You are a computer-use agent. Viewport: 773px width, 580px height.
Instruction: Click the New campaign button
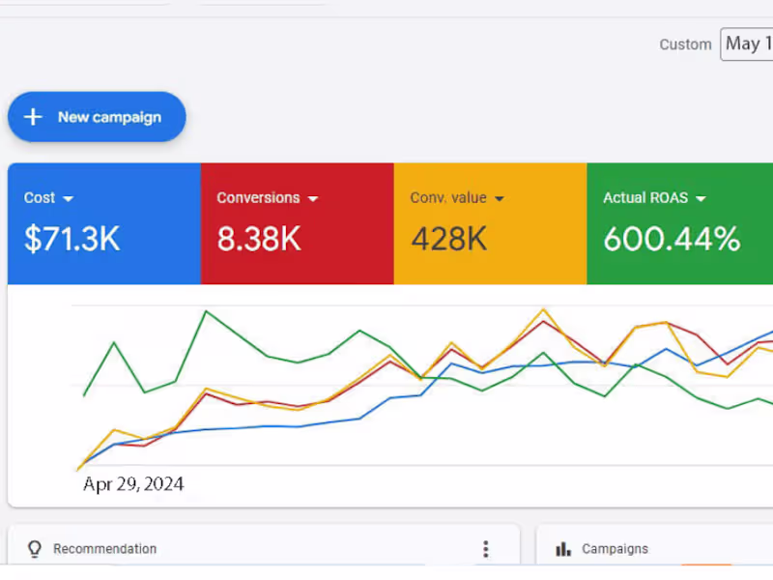click(x=97, y=117)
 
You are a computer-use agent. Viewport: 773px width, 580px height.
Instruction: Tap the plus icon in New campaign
click(x=34, y=117)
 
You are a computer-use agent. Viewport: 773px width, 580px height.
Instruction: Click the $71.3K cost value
click(x=72, y=239)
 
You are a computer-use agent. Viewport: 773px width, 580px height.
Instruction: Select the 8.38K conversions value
click(x=258, y=239)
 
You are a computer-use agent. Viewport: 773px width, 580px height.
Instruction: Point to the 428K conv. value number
click(x=448, y=239)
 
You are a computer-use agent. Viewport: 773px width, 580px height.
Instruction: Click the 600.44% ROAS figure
click(x=672, y=239)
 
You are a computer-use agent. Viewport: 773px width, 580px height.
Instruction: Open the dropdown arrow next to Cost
click(x=68, y=198)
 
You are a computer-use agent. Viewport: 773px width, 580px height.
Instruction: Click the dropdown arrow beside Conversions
click(x=312, y=198)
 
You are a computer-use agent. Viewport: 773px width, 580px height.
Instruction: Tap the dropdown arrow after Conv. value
click(x=499, y=198)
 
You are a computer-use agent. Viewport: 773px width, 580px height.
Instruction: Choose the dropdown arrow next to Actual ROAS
click(x=701, y=198)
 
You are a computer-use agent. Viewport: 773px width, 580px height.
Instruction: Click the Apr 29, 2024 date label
click(x=133, y=484)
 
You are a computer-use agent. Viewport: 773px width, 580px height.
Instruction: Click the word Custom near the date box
click(x=685, y=44)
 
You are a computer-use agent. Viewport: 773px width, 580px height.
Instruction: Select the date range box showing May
click(x=747, y=43)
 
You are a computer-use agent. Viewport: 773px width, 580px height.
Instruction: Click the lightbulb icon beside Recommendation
click(x=35, y=549)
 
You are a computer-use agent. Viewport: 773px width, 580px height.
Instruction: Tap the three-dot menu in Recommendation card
click(x=486, y=549)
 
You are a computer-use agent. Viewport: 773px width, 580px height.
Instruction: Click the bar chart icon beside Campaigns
click(x=563, y=549)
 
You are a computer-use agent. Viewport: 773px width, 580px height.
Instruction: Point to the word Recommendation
click(x=104, y=549)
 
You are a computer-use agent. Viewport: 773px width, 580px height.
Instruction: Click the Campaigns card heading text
click(x=615, y=549)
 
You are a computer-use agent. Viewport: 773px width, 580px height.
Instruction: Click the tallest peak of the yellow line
click(x=543, y=309)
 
